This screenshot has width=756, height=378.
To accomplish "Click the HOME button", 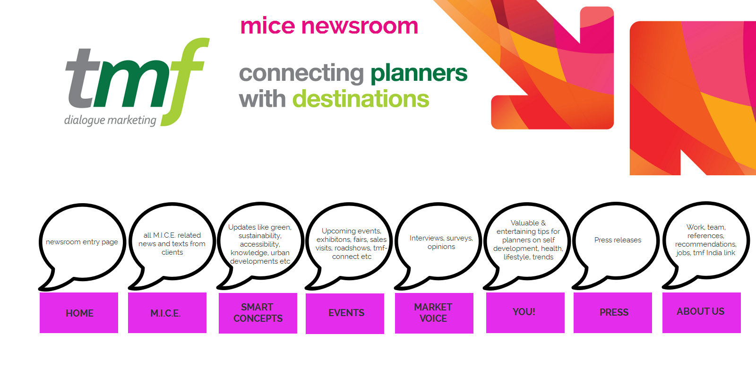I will pyautogui.click(x=79, y=313).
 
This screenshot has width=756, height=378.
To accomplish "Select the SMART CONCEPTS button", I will pyautogui.click(x=258, y=313).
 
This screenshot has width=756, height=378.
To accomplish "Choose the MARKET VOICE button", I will pyautogui.click(x=434, y=313).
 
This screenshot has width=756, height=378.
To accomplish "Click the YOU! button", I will pyautogui.click(x=525, y=312).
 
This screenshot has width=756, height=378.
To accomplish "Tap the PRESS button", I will pyautogui.click(x=613, y=312).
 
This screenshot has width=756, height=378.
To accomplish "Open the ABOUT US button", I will pyautogui.click(x=701, y=312).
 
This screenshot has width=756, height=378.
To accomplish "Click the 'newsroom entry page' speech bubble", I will pyautogui.click(x=82, y=242).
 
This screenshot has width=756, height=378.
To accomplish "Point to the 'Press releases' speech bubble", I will pyautogui.click(x=618, y=240).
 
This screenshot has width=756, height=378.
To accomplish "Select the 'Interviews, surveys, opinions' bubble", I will pyautogui.click(x=441, y=242).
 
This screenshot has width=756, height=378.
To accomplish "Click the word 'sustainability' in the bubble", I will pyautogui.click(x=260, y=236).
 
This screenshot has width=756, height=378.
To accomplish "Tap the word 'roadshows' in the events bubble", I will pyautogui.click(x=352, y=248).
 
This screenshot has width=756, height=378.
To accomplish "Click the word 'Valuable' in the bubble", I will pyautogui.click(x=524, y=223).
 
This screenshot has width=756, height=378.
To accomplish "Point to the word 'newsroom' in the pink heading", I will pyautogui.click(x=360, y=26).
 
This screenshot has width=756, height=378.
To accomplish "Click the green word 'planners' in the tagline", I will pyautogui.click(x=419, y=73).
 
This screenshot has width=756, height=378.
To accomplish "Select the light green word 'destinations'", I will pyautogui.click(x=361, y=99).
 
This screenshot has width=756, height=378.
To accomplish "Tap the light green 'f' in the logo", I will pyautogui.click(x=187, y=80).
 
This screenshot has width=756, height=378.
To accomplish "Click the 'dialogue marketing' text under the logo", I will pyautogui.click(x=110, y=120).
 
